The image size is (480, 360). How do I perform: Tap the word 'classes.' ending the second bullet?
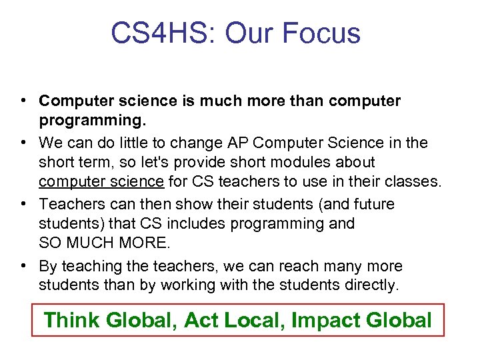[x=413, y=181]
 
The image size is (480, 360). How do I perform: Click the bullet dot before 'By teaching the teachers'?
[x=23, y=266]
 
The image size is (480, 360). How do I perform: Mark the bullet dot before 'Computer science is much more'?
[x=23, y=101]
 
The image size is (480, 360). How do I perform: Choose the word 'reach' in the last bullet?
[x=307, y=266]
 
